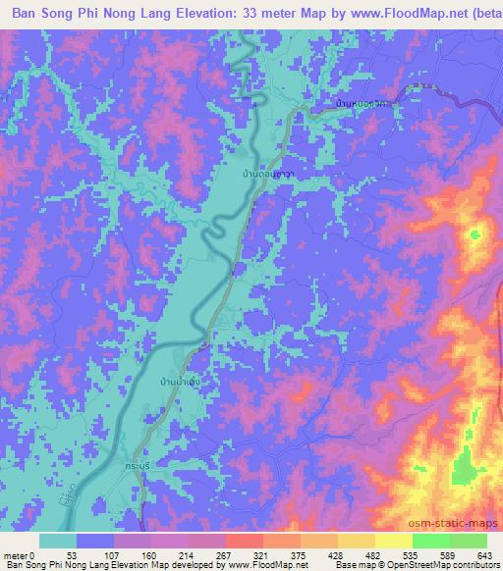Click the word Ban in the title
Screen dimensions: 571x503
tap(21, 13)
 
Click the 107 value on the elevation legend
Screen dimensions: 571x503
tap(114, 554)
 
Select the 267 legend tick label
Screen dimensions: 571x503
tap(226, 554)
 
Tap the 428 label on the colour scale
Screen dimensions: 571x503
tap(336, 554)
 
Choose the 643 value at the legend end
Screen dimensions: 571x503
tap(485, 554)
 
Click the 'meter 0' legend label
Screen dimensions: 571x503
tap(20, 554)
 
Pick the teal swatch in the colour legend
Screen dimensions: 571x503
tap(58, 541)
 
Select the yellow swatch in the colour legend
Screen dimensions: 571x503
tap(394, 541)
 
